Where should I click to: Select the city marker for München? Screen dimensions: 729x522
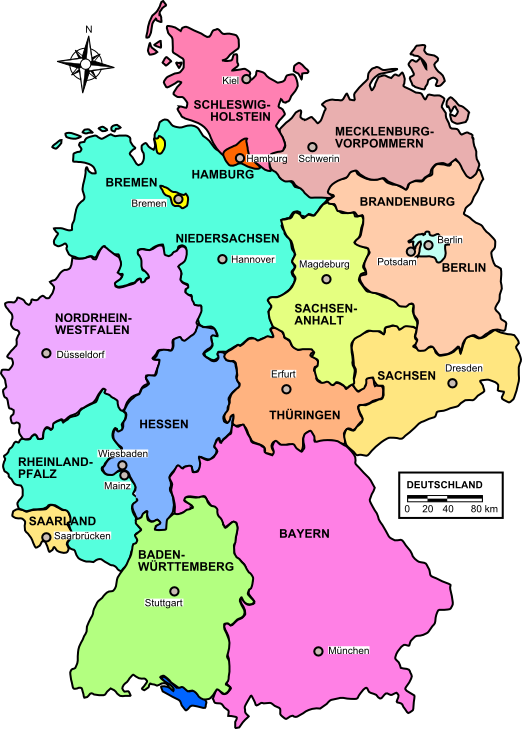[319, 651]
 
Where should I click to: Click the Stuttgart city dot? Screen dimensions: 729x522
[174, 591]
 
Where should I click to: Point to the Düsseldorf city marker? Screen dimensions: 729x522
[45, 353]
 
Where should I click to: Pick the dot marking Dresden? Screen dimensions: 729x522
[453, 382]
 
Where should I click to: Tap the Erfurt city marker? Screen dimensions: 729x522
[285, 389]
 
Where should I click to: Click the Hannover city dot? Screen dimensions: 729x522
[222, 259]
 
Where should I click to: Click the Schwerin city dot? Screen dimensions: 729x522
[312, 147]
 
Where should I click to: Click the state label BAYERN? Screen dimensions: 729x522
[304, 534]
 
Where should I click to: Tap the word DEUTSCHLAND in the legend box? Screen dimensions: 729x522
[444, 485]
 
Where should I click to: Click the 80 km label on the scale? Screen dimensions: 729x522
[484, 510]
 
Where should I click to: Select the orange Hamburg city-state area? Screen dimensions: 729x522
[235, 156]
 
